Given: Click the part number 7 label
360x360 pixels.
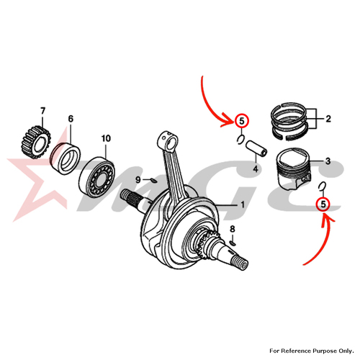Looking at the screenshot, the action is (42, 111).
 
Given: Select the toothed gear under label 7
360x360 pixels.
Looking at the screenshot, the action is (35, 142).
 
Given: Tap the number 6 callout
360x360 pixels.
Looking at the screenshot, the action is (71, 119).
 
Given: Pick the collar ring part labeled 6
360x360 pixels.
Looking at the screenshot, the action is (66, 158).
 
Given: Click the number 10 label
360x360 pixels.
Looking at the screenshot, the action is (106, 138).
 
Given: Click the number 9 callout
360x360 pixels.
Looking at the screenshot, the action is (138, 179).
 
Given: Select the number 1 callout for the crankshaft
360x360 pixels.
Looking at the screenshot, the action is (243, 204).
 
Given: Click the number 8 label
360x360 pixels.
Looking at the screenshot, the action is (233, 229).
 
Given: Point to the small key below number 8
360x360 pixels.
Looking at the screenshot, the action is (233, 243).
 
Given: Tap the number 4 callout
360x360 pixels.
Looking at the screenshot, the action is (256, 169).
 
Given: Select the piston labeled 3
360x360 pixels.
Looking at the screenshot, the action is (293, 168).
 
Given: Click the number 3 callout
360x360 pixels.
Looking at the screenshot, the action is (328, 161).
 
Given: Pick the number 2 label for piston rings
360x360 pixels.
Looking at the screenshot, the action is (328, 119).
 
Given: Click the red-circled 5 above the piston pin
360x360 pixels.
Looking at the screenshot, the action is (242, 121).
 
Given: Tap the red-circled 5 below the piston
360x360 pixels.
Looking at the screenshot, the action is (323, 204).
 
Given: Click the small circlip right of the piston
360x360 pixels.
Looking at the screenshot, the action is (322, 186).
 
